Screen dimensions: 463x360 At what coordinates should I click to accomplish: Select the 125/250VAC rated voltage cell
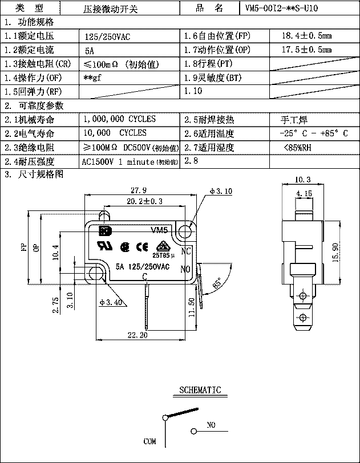107,36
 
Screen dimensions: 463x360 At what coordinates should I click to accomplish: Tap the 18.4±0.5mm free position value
306,36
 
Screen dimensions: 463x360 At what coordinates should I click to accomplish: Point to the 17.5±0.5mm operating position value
306,50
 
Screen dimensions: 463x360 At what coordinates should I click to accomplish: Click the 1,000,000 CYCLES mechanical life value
119,120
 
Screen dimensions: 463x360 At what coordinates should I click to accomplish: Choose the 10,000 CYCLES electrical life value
114,133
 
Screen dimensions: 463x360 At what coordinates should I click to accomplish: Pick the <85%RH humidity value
297,147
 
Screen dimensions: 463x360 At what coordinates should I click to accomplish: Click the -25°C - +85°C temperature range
314,133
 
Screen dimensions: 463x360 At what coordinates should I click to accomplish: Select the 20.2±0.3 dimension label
144,201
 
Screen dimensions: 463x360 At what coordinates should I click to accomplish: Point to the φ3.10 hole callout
221,192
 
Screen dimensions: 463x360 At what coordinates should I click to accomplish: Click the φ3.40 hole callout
111,302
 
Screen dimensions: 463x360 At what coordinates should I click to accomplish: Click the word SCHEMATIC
200,391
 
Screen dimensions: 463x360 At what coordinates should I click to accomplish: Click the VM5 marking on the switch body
160,230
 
